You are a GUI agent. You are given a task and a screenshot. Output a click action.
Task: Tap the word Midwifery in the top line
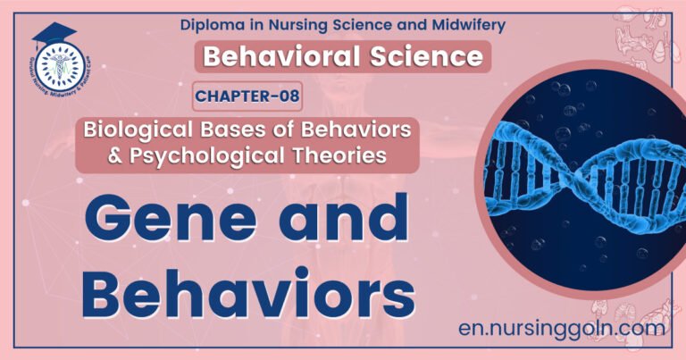456,23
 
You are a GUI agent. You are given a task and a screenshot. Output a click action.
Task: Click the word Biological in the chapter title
135,130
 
